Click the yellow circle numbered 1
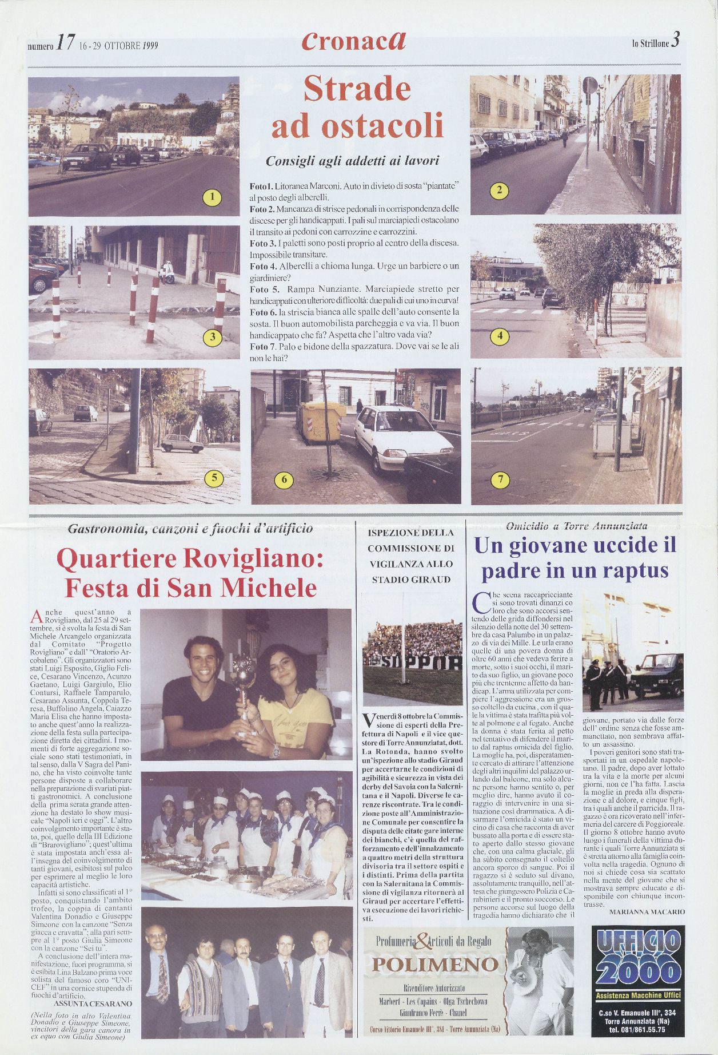212,198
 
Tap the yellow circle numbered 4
500,336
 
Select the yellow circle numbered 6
284,479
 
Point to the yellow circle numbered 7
501,479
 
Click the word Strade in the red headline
357,89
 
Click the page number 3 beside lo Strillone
676,41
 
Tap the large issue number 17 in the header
65,43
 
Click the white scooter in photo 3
167,272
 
